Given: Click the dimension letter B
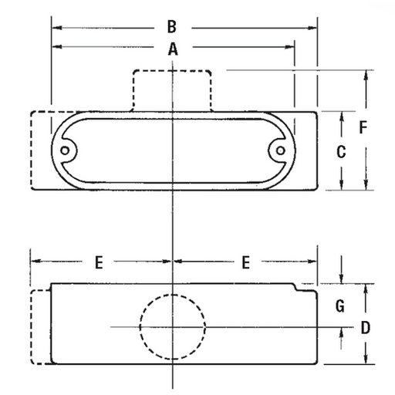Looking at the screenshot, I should (x=172, y=28).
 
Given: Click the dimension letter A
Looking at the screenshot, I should (x=173, y=49).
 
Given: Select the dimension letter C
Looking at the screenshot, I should (x=340, y=152).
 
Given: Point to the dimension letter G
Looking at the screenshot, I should (x=339, y=306).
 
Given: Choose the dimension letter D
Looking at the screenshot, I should (x=366, y=327).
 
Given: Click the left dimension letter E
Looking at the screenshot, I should (x=99, y=263).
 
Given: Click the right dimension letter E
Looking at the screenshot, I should (x=245, y=263).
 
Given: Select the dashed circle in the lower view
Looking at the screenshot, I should (x=173, y=327).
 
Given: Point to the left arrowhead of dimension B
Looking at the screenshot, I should (x=55, y=28).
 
